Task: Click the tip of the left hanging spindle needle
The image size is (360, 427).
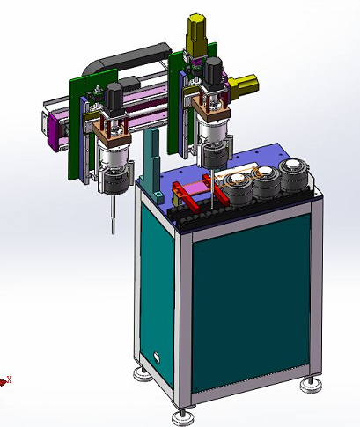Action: [113, 230]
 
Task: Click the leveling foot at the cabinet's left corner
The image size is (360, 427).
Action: [140, 374]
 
